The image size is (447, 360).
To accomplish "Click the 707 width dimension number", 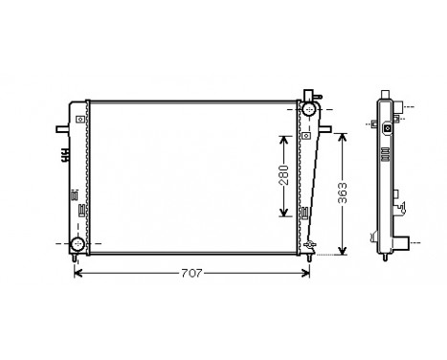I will [x=191, y=274].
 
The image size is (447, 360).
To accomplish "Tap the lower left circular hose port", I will [x=77, y=244].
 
